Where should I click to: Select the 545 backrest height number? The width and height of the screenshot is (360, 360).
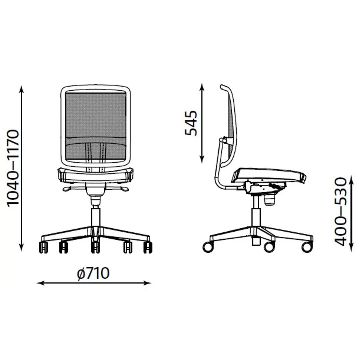tap(191, 123)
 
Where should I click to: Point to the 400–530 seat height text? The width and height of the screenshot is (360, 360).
tap(341, 212)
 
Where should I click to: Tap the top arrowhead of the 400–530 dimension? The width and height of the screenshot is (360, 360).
tap(351, 179)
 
